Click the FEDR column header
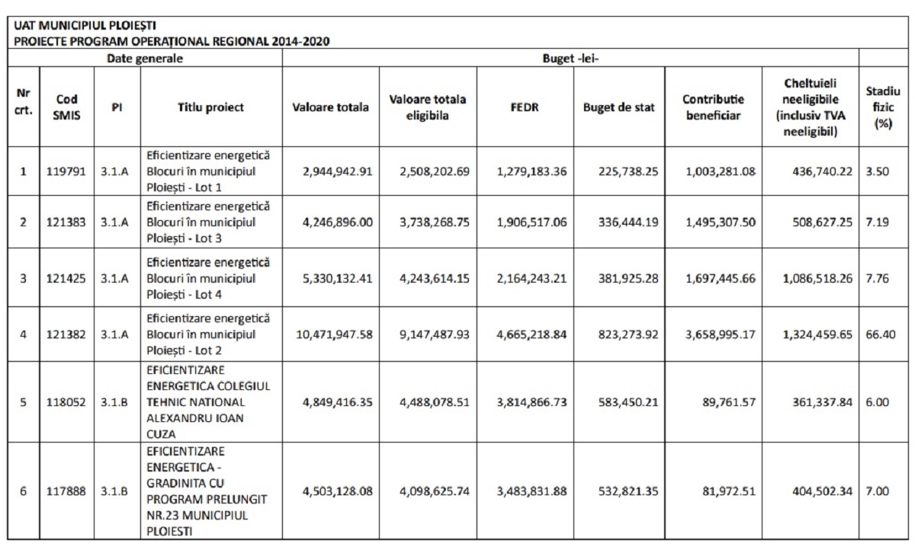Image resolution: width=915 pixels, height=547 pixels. (525, 107)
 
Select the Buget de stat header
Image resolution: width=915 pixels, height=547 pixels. (618, 107)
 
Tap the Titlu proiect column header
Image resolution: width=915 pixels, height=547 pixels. (210, 107)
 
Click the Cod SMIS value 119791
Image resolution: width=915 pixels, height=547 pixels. (67, 171)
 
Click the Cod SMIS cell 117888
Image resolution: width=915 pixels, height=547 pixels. (67, 491)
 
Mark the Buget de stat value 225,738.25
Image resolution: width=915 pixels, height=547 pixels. (618, 171)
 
